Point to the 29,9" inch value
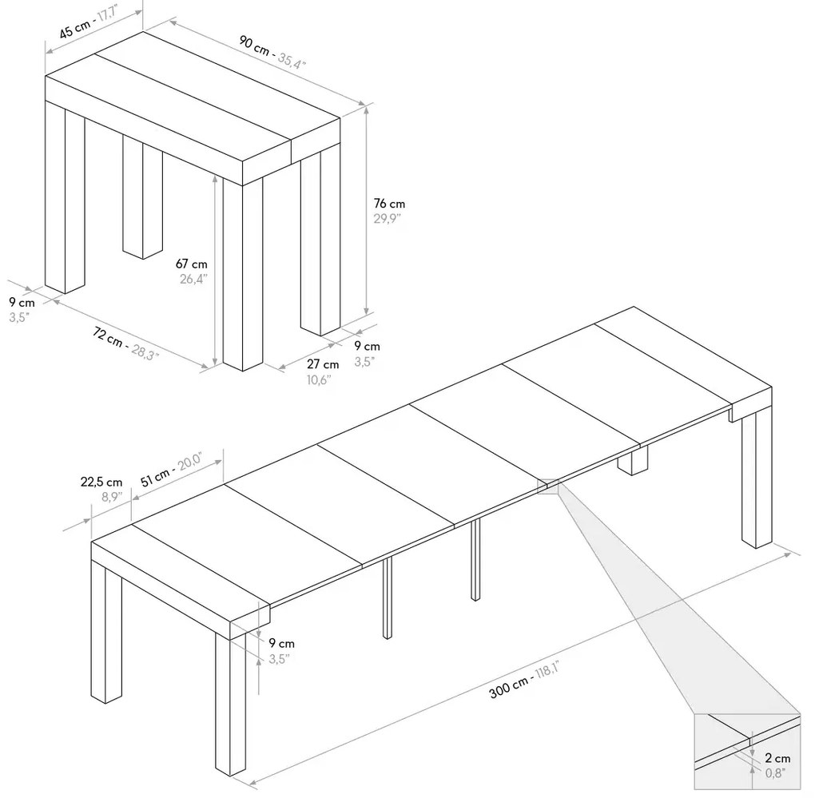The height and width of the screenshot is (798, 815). (x=387, y=220)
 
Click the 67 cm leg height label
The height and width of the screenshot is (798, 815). (x=192, y=264)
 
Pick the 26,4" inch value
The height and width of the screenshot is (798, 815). (x=193, y=279)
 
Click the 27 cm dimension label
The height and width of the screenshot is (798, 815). (x=322, y=364)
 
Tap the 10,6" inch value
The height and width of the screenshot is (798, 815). (x=320, y=379)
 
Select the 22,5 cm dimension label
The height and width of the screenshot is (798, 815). (x=101, y=482)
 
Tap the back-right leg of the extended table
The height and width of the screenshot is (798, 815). (x=756, y=479)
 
